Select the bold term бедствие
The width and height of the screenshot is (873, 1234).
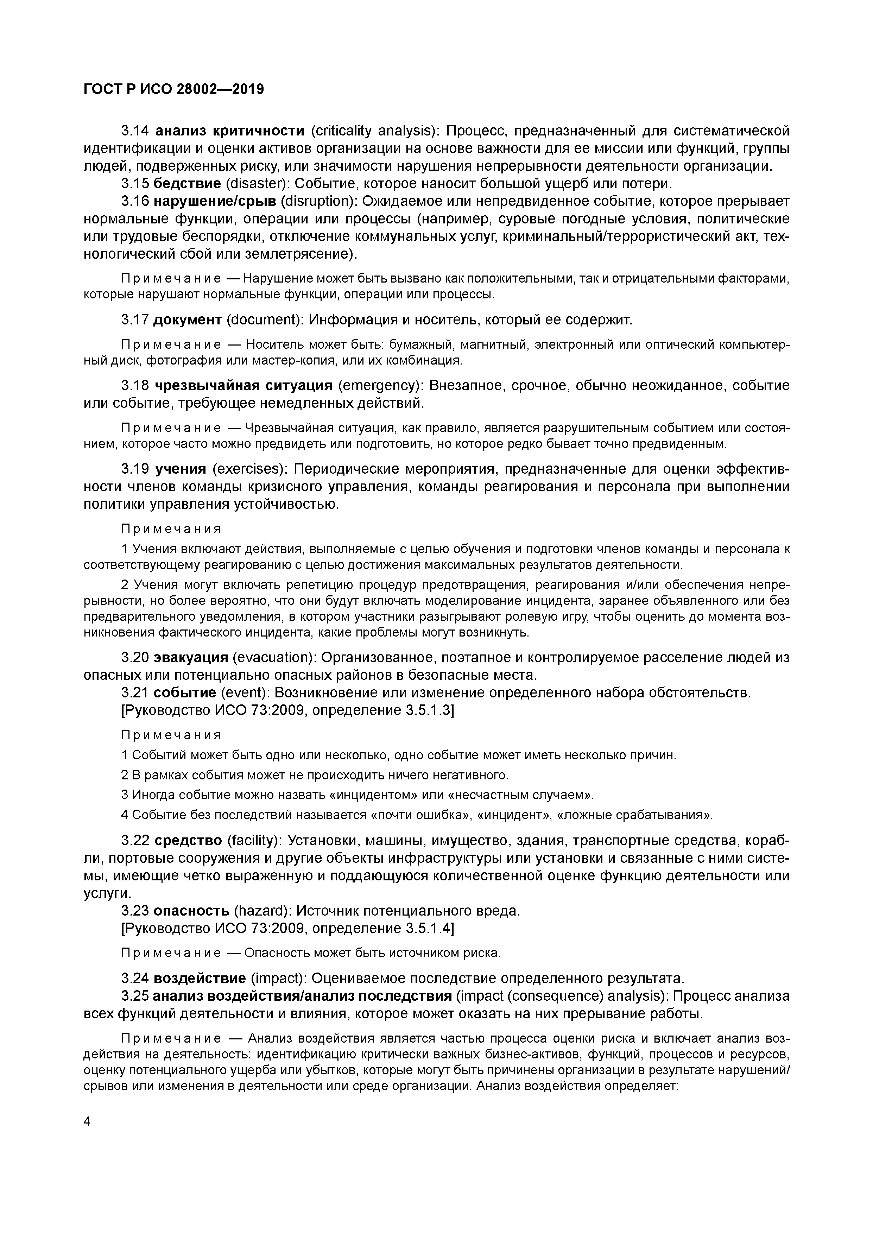click(x=187, y=184)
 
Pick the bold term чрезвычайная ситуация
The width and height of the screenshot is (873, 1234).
click(x=243, y=386)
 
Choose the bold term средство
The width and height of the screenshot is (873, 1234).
click(x=188, y=840)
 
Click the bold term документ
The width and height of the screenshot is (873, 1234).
click(x=188, y=320)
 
